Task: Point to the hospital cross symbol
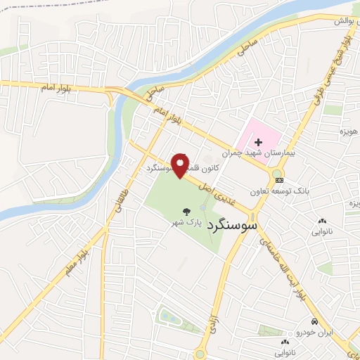point(258,142)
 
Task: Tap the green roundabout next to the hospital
point(276,172)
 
